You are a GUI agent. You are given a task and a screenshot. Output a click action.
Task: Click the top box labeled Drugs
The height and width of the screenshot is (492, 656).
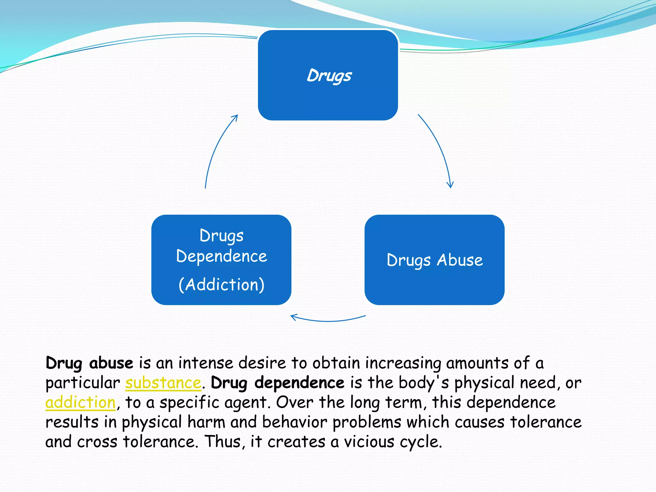pos(328,75)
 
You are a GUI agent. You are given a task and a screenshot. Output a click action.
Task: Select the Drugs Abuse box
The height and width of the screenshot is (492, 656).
pos(434,260)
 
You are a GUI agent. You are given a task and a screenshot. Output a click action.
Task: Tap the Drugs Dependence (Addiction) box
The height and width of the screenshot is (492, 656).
pos(221,260)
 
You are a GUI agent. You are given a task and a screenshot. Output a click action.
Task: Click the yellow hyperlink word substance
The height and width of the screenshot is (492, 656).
pos(163,383)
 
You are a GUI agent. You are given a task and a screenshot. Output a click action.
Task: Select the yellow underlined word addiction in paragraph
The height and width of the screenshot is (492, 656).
pos(80,402)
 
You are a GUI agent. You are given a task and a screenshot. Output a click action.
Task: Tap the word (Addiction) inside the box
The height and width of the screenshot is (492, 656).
pos(221,284)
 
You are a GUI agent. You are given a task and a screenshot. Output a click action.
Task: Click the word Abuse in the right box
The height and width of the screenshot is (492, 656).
pos(460,260)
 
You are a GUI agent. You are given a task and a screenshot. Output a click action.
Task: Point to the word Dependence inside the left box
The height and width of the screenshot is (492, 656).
pos(221,256)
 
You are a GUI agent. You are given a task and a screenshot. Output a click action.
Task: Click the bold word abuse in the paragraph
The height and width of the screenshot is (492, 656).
pos(111,363)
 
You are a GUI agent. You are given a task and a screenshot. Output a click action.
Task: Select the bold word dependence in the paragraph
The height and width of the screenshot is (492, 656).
pos(299,383)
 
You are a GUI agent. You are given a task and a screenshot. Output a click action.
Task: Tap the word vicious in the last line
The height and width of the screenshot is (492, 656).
pos(369,442)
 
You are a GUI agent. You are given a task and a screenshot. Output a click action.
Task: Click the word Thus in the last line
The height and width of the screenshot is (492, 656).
pos(223,442)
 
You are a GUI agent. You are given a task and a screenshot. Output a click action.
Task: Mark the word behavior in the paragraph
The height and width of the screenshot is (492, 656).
pos(294,422)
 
